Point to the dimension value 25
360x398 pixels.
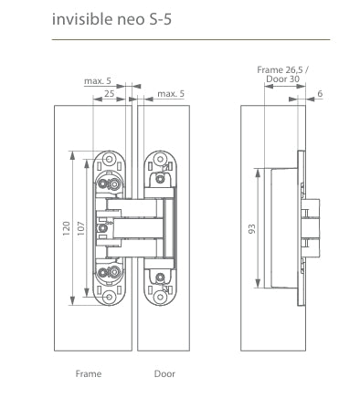[x=110, y=94]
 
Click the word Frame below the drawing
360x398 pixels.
[x=88, y=374]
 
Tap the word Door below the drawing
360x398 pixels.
[x=164, y=374]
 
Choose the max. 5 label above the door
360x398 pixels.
[x=171, y=94]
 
